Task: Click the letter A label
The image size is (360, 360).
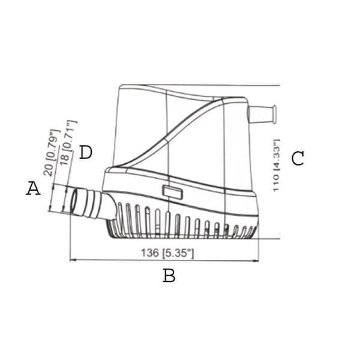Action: (x=33, y=188)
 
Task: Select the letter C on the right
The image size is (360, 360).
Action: (x=298, y=158)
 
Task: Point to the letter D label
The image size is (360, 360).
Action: (x=85, y=152)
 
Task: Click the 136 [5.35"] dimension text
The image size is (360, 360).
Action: (x=167, y=253)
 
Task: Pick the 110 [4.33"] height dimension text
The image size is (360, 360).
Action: (x=276, y=166)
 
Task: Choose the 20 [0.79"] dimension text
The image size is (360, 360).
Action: (x=52, y=153)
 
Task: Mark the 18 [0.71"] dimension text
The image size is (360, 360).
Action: (x=68, y=143)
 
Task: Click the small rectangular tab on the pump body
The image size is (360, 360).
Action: (x=172, y=192)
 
